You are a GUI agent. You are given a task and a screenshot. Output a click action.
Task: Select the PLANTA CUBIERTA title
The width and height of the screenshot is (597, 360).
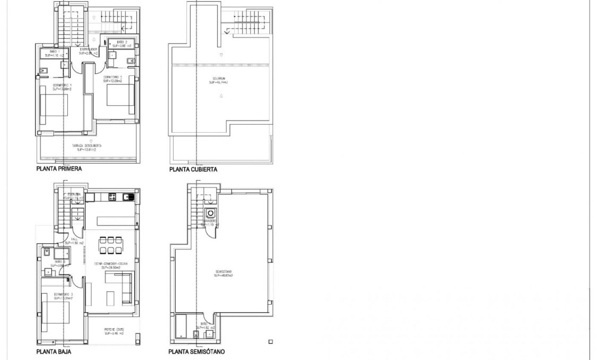pos(193,170)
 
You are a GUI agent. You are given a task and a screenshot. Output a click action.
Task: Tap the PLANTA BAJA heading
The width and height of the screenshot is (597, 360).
pos(54,352)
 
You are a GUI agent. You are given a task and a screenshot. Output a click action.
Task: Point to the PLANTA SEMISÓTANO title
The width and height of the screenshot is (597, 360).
pos(196,352)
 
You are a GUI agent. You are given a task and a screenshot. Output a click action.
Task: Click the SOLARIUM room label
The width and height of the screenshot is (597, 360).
pos(218,80)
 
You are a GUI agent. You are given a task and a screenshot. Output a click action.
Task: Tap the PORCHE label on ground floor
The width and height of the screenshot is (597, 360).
pos(114,331)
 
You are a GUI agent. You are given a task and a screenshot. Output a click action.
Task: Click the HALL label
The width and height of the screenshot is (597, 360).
pos(75,241)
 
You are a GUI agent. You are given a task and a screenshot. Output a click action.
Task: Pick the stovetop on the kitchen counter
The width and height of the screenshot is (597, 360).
pos(113,198)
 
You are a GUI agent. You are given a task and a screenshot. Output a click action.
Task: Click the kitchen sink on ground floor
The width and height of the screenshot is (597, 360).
pos(127,198)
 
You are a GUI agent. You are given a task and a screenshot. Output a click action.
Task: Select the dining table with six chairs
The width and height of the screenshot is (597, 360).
pos(110,246)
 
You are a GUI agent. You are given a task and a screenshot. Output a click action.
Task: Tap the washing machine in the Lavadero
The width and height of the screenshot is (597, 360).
pos(211,213)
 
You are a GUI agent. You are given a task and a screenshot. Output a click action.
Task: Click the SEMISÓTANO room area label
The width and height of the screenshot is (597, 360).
pos(224,274)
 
